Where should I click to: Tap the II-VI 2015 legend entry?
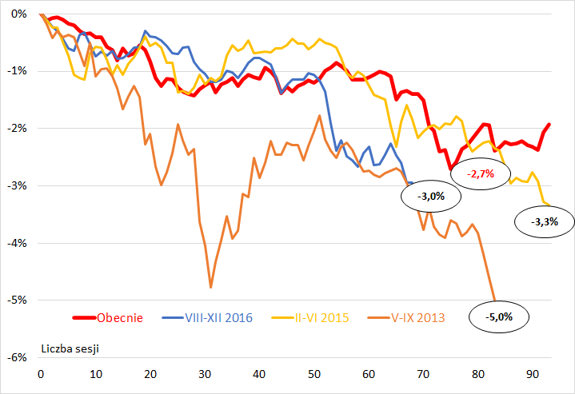click(x=321, y=318)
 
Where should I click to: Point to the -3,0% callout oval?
click(x=425, y=195)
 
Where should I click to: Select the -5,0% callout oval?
click(x=498, y=316)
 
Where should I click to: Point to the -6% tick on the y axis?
click(x=18, y=357)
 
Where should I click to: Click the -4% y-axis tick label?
click(x=18, y=243)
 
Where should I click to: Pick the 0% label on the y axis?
click(x=20, y=14)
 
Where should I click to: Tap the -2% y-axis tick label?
click(x=18, y=129)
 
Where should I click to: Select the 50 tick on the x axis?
click(x=313, y=373)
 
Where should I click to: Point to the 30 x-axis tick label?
click(x=205, y=373)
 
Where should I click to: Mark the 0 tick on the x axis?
click(x=41, y=373)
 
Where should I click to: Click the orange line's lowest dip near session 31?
click(x=210, y=286)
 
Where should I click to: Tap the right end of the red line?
click(x=549, y=124)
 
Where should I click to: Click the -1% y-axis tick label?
click(x=18, y=72)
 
